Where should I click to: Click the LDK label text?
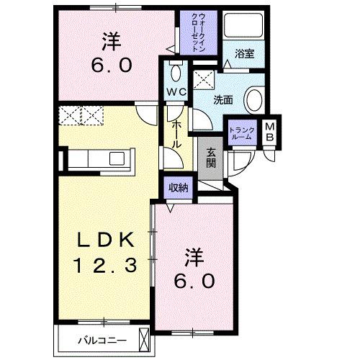tap(104, 240)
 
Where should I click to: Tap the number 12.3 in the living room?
tap(104, 266)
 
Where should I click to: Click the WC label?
tap(177, 91)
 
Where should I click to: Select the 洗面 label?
tap(223, 100)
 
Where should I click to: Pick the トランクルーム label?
tap(240, 134)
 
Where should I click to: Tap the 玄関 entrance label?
tap(211, 158)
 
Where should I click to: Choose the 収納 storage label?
tap(179, 188)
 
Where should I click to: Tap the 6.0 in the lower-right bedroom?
tap(192, 280)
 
